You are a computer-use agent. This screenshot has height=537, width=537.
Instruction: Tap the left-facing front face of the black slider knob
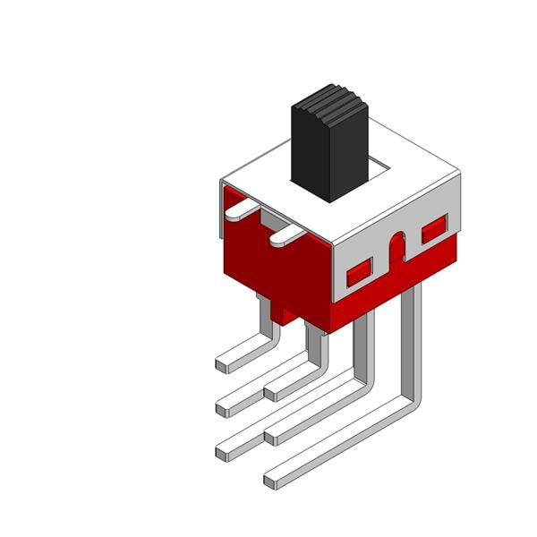(x=311, y=152)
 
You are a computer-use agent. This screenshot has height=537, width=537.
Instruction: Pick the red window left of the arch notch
(x=359, y=267)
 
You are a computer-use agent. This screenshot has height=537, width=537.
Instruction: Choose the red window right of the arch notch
(x=433, y=230)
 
